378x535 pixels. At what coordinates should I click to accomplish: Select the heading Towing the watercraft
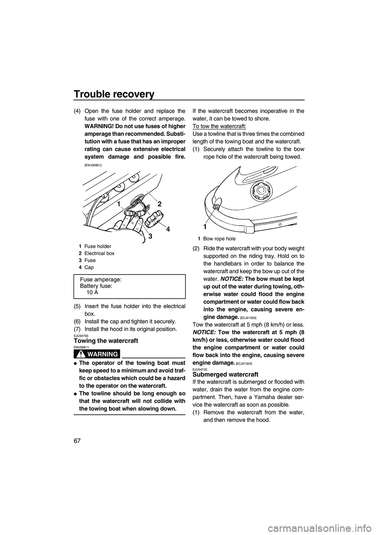tap(106, 340)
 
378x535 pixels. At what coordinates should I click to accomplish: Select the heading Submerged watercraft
tap(225, 374)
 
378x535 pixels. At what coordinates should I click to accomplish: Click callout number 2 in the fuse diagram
tap(159, 204)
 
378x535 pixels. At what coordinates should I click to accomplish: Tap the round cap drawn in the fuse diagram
tap(153, 217)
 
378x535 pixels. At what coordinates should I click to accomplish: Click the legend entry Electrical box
tap(99, 253)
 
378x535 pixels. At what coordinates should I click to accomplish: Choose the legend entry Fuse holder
tap(98, 246)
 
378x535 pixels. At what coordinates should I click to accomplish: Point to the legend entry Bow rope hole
tap(219, 239)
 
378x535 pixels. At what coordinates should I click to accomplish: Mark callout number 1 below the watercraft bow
tap(205, 227)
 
